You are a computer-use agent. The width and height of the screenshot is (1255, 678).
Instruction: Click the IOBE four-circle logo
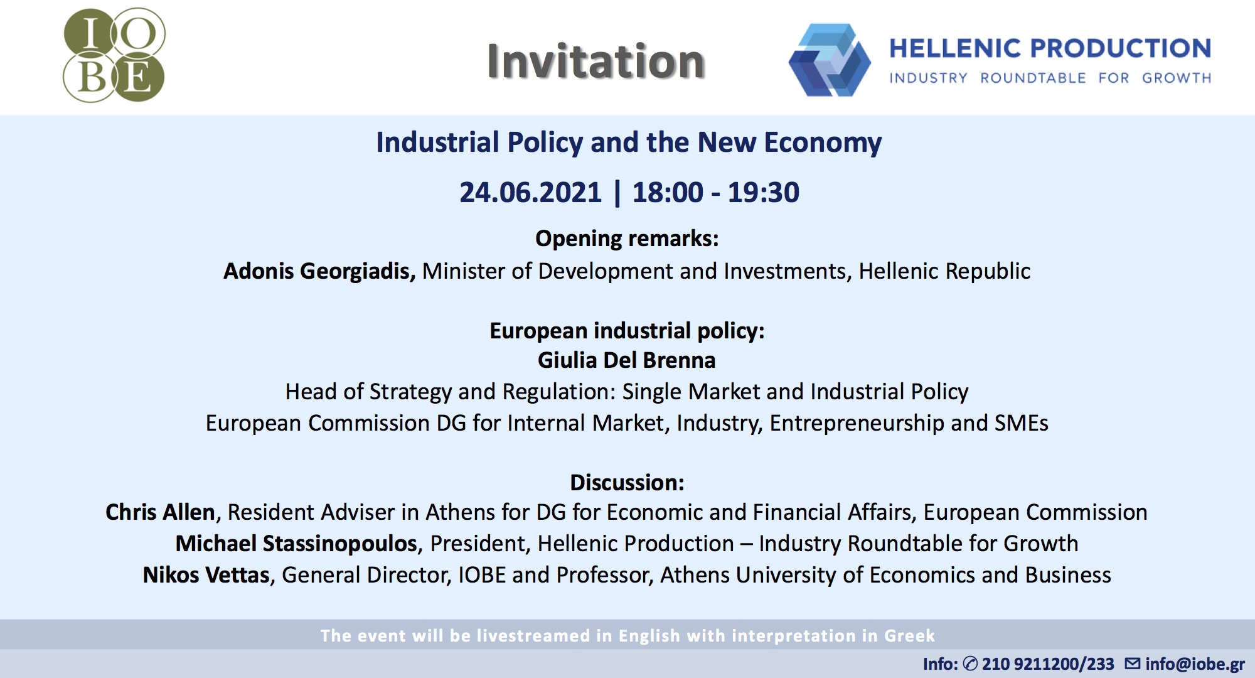[114, 55]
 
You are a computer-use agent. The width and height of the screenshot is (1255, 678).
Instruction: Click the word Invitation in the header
[596, 62]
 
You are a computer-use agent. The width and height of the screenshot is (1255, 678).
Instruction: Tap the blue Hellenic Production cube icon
[830, 60]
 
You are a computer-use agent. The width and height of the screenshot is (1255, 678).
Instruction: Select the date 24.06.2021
[530, 192]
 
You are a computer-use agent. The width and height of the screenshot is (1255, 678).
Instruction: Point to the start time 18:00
[668, 192]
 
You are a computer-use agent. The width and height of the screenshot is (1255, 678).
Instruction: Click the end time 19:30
[764, 192]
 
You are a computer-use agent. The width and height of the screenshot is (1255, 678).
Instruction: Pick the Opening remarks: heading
[627, 239]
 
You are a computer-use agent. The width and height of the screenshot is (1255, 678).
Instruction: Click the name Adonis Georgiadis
[319, 271]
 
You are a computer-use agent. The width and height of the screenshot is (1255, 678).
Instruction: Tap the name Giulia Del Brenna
[627, 360]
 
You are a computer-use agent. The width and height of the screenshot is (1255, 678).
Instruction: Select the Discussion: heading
[627, 482]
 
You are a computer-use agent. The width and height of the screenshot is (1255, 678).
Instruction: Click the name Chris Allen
[161, 512]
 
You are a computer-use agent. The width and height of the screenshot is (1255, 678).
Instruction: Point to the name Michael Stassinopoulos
[297, 544]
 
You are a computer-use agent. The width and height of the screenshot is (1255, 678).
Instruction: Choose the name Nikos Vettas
[206, 575]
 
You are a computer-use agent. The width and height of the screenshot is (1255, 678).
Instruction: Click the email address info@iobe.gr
[1195, 664]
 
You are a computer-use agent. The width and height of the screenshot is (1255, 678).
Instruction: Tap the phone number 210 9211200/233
[1048, 664]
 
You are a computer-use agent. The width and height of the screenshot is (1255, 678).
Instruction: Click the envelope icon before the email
[1133, 664]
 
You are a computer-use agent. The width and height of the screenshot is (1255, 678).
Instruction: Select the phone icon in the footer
[970, 664]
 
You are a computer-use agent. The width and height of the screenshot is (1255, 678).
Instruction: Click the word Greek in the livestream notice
[910, 636]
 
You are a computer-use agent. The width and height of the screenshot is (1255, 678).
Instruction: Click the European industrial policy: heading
[627, 331]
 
